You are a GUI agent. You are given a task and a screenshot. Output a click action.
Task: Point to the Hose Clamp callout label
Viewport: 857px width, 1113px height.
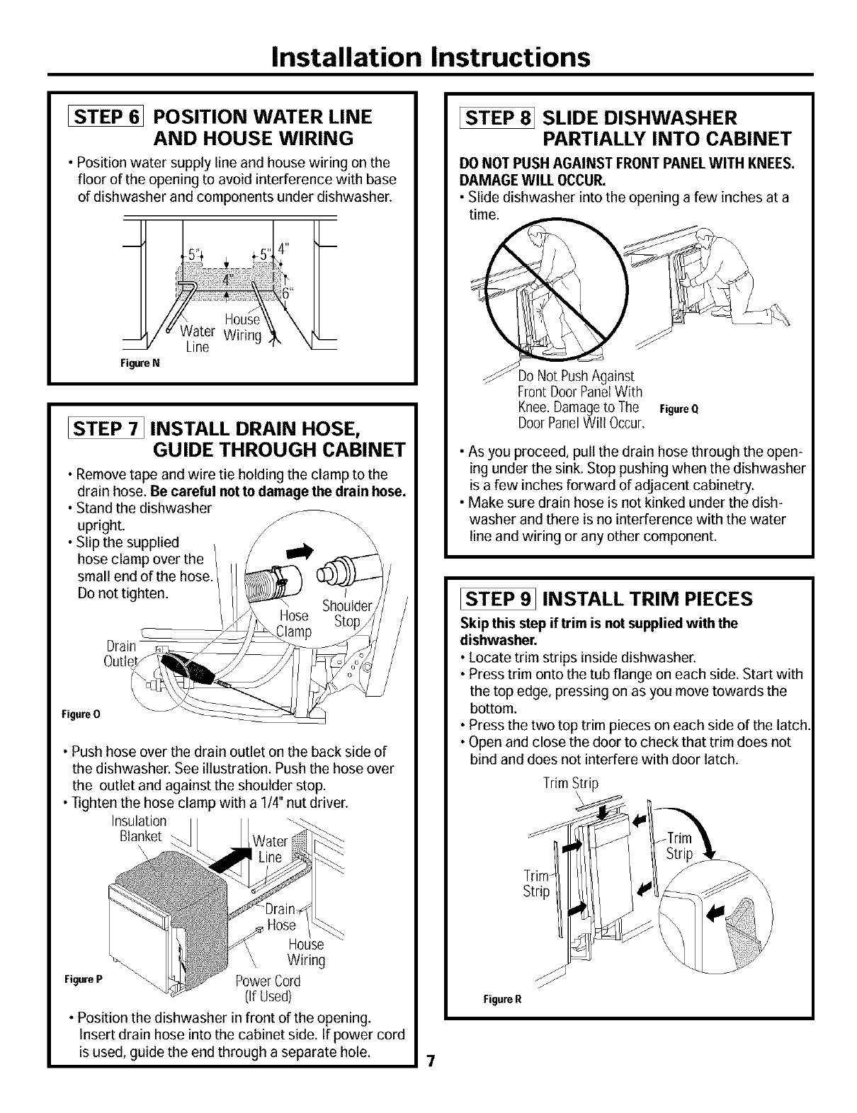294,623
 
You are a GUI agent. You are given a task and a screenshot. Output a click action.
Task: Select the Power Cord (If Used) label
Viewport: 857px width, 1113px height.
268,988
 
